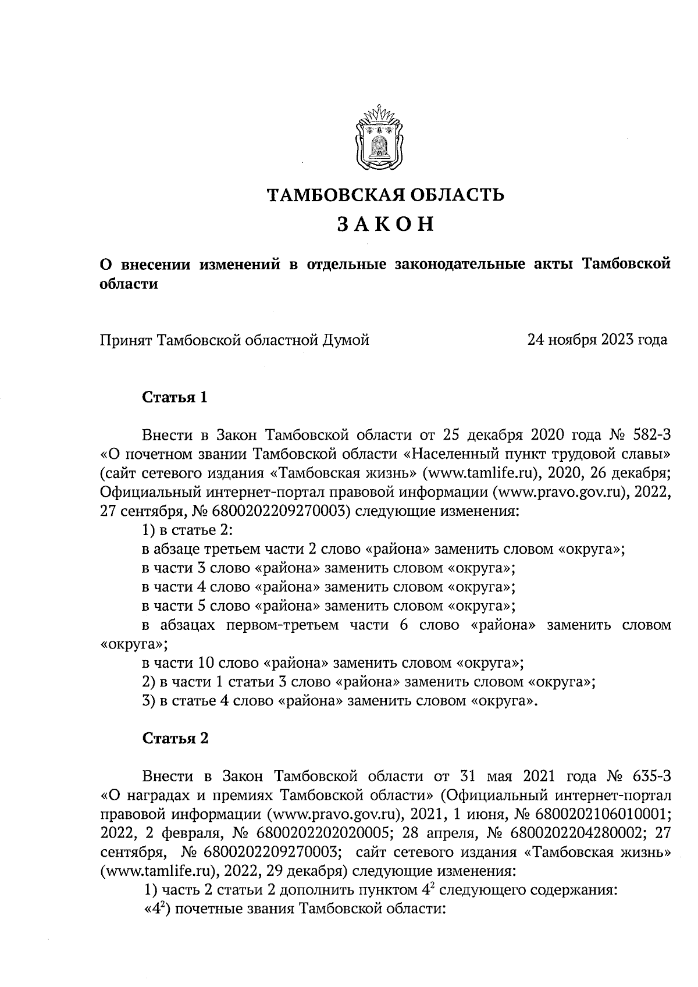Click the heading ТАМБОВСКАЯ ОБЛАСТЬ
pyautogui.click(x=385, y=195)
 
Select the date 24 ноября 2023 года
pyautogui.click(x=597, y=340)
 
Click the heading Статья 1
pyautogui.click(x=175, y=398)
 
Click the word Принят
pyautogui.click(x=124, y=340)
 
